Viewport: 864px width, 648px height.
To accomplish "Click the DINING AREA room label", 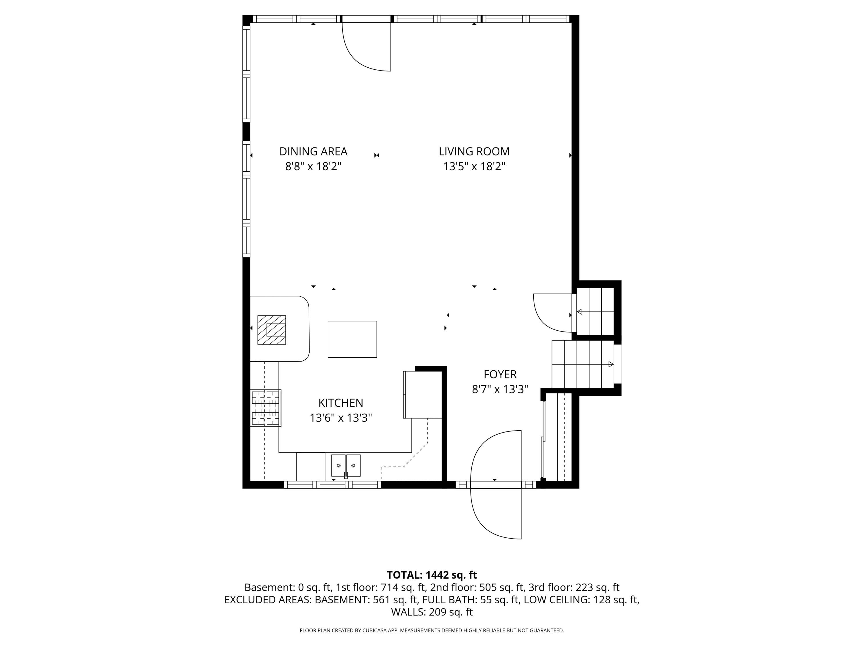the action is (x=313, y=151).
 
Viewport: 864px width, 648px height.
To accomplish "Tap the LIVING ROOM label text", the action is (x=474, y=151).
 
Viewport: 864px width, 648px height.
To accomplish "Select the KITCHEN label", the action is (x=341, y=403).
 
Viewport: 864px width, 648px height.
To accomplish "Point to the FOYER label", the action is (x=500, y=374).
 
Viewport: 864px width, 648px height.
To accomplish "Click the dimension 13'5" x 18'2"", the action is (x=474, y=167).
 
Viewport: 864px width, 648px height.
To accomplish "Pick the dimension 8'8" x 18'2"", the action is (x=313, y=167).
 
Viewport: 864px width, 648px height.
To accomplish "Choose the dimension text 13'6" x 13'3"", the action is (x=341, y=418).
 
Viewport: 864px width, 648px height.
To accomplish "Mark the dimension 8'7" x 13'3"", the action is (x=500, y=389).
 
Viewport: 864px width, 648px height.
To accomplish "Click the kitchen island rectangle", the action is (x=352, y=339).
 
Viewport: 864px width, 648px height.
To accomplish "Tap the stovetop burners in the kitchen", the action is (x=266, y=408).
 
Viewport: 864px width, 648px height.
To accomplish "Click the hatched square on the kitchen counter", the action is (x=272, y=330).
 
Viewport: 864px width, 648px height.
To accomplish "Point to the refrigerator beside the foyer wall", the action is (x=422, y=395).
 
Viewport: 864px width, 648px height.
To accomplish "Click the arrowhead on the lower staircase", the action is (x=611, y=364).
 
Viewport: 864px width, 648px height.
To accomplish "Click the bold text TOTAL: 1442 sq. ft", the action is (x=432, y=575).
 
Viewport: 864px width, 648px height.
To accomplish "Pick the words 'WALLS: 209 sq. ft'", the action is (x=432, y=612).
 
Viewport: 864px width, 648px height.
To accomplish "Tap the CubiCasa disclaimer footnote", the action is (x=432, y=630).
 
